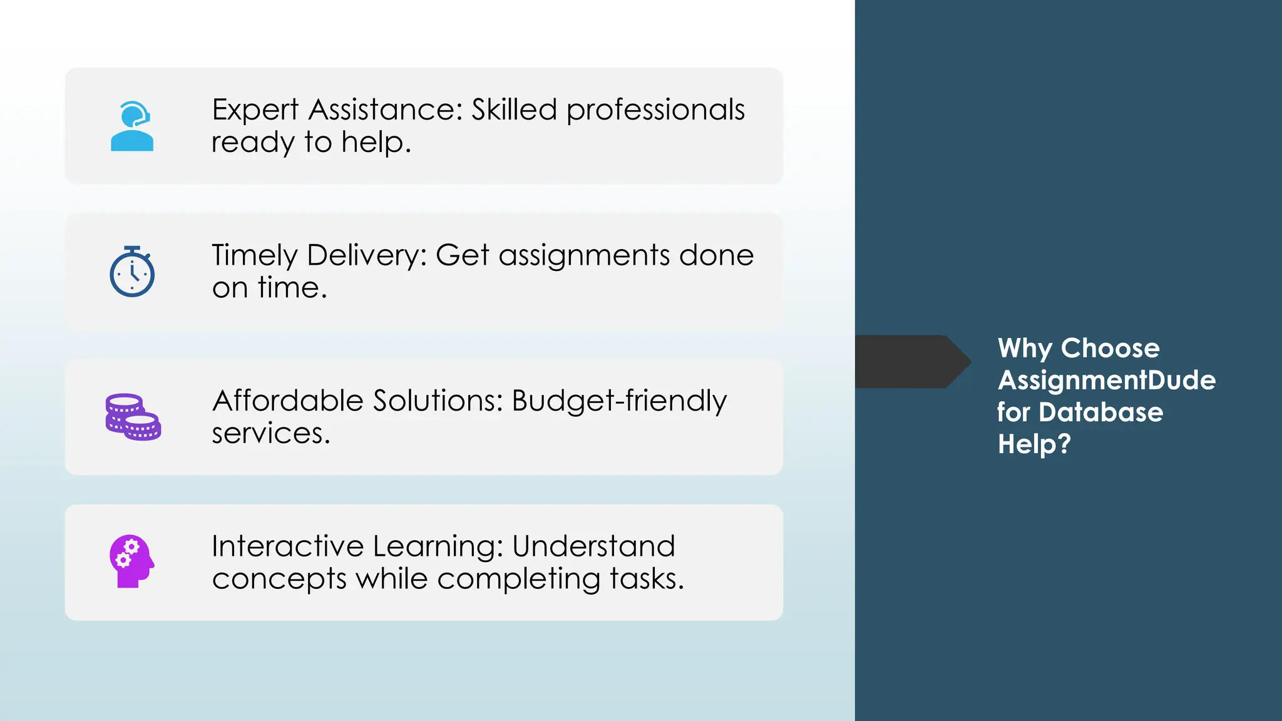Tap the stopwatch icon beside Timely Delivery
click(x=132, y=272)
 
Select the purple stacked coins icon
click(x=133, y=417)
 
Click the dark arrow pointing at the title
click(x=911, y=362)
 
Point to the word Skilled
click(x=514, y=110)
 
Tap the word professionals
click(x=655, y=110)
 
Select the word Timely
click(x=254, y=256)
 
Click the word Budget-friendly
click(x=619, y=401)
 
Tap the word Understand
click(x=593, y=546)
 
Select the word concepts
click(x=279, y=579)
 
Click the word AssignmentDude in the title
click(x=1106, y=380)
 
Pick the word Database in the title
click(x=1100, y=412)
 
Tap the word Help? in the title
click(x=1034, y=444)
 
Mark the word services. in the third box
click(x=270, y=434)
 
